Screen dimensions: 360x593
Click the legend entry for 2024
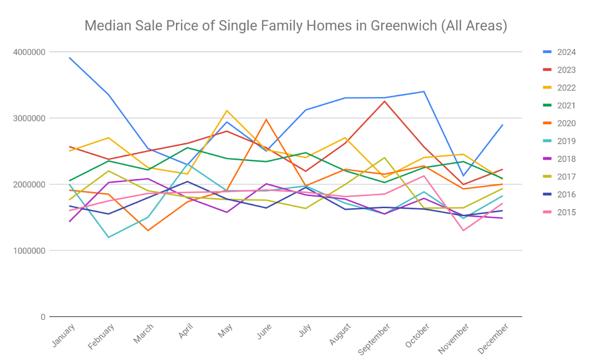pyautogui.click(x=565, y=52)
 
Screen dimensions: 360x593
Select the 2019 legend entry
pyautogui.click(x=565, y=141)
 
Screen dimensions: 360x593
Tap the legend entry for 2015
pyautogui.click(x=565, y=212)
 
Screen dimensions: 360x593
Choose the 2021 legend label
pyautogui.click(x=565, y=105)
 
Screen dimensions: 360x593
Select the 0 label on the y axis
pyautogui.click(x=43, y=317)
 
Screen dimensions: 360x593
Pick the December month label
pyautogui.click(x=494, y=339)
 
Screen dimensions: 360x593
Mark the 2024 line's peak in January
pyautogui.click(x=70, y=58)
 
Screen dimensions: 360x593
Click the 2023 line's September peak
pyautogui.click(x=385, y=101)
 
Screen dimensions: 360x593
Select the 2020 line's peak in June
pyautogui.click(x=266, y=120)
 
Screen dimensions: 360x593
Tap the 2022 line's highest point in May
pyautogui.click(x=227, y=111)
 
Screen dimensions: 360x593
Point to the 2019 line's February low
pyautogui.click(x=109, y=237)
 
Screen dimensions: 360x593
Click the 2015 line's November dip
pyautogui.click(x=463, y=230)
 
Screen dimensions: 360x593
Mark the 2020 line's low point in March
pyautogui.click(x=148, y=230)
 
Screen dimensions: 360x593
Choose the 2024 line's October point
pyautogui.click(x=424, y=91)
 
